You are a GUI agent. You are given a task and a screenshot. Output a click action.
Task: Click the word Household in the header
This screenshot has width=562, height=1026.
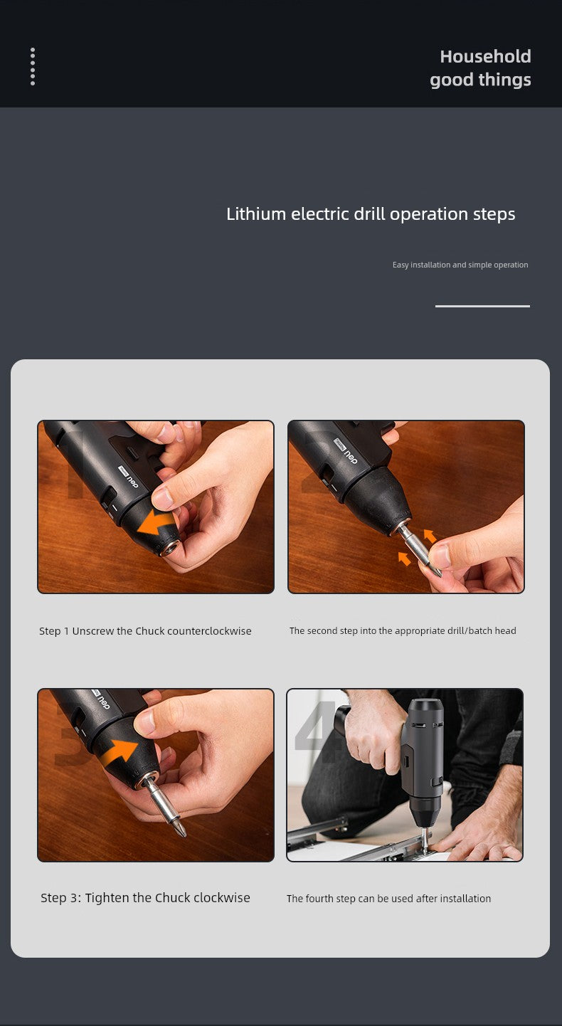pyautogui.click(x=485, y=57)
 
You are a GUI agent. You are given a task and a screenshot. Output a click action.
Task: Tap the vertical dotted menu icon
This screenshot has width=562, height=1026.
pyautogui.click(x=33, y=66)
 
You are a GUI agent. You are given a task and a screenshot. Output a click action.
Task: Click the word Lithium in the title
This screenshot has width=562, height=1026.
pyautogui.click(x=256, y=214)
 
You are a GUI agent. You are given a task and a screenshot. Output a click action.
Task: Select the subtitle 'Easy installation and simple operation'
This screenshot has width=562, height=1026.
pyautogui.click(x=460, y=265)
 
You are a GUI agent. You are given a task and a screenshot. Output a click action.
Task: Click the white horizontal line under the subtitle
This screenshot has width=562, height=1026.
pyautogui.click(x=482, y=306)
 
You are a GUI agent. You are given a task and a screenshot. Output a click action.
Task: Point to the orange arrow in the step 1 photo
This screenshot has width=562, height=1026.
pyautogui.click(x=157, y=523)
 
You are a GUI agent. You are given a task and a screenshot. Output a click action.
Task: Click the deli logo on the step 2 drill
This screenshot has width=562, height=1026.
pyautogui.click(x=346, y=450)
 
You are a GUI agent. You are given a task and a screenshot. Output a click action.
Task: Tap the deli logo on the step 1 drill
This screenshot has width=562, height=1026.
pyautogui.click(x=128, y=477)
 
